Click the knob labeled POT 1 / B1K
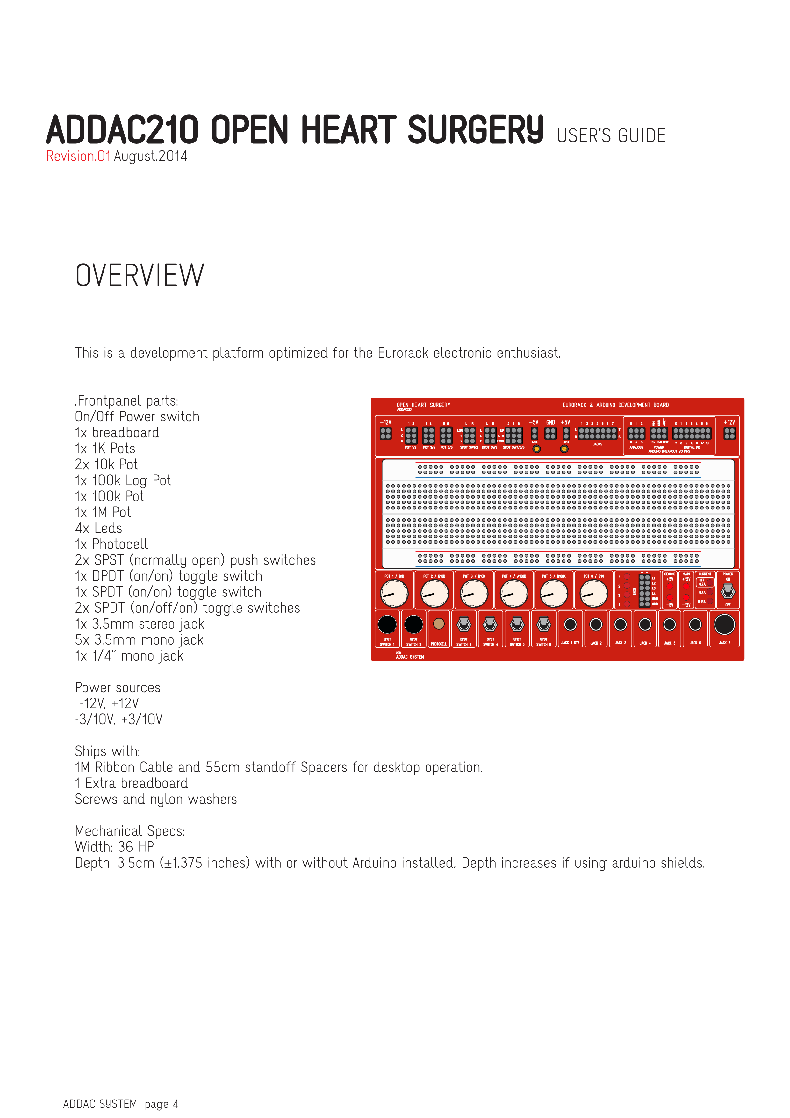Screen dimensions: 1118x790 [x=394, y=594]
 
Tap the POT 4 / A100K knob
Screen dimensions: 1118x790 [x=514, y=594]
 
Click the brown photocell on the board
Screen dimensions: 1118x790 [x=439, y=624]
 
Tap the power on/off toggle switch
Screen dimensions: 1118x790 [x=728, y=591]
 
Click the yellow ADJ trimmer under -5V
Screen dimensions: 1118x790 [x=536, y=449]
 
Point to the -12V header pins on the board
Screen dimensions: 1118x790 [x=386, y=433]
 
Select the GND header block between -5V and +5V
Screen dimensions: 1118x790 [x=550, y=433]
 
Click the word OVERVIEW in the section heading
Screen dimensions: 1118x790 [x=140, y=276]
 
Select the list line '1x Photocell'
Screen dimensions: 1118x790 [x=111, y=544]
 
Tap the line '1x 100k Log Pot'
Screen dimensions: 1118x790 [x=123, y=481]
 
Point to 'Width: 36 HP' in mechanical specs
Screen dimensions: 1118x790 [x=114, y=847]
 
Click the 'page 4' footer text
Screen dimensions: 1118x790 [x=161, y=1104]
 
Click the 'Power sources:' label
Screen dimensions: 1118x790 [x=119, y=688]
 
